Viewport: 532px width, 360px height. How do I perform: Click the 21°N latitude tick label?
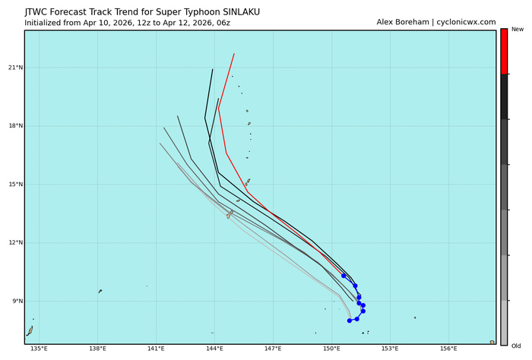14,68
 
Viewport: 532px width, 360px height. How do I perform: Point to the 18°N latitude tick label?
14,126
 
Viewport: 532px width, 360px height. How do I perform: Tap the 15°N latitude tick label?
14,185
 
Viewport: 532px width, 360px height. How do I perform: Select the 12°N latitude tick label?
14,243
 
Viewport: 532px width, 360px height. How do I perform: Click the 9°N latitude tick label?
15,302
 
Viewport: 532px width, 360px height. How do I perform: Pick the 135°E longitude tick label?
39,349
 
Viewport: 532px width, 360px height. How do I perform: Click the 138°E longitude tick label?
97,349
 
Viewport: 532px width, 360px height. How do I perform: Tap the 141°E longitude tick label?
156,349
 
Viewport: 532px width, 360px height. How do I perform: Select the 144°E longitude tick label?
214,349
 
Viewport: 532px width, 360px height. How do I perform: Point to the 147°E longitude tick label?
273,349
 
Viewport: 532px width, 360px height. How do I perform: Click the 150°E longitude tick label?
331,349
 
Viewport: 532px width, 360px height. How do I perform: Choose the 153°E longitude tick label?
390,349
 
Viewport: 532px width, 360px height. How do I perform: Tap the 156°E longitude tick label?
448,349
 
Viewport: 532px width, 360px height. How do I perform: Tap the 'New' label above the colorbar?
518,29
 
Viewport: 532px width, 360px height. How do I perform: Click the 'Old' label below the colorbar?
517,346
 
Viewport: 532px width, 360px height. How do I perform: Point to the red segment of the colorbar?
504,52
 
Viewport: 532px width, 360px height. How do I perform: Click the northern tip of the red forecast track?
234,54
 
